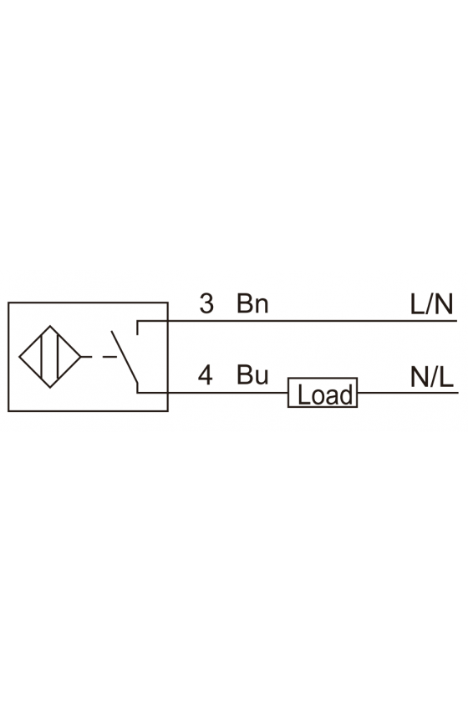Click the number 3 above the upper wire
[x=206, y=303]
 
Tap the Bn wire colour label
[x=252, y=303]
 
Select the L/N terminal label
[x=432, y=304]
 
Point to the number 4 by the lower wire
[x=205, y=374]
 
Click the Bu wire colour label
[x=252, y=374]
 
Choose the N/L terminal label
[x=432, y=377]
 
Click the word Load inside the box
[x=325, y=394]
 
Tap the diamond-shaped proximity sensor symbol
[x=49, y=357]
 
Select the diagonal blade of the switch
[x=125, y=358]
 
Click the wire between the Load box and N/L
[x=408, y=393]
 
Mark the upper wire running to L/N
[x=297, y=321]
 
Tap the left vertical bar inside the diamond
[x=41, y=357]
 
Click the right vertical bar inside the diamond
[x=58, y=357]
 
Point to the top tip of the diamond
[x=49, y=326]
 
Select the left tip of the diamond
[x=19, y=357]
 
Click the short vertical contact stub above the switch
[x=138, y=328]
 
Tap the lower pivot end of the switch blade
[x=138, y=384]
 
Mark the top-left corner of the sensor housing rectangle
[x=8, y=303]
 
